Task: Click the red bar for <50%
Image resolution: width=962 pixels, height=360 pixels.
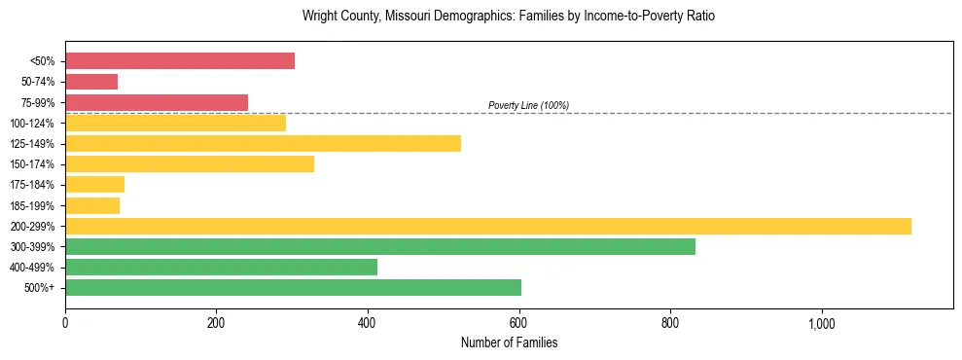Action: pyautogui.click(x=180, y=61)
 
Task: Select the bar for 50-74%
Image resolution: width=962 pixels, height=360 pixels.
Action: pyautogui.click(x=91, y=82)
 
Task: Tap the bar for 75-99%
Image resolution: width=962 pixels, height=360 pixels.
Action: pyautogui.click(x=157, y=102)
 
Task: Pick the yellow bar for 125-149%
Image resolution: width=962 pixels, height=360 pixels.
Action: pyautogui.click(x=263, y=143)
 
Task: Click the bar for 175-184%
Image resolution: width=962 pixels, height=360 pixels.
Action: pyautogui.click(x=94, y=185)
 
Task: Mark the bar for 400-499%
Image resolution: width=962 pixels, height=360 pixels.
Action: pyautogui.click(x=221, y=267)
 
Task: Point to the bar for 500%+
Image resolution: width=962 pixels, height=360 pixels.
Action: pyautogui.click(x=293, y=287)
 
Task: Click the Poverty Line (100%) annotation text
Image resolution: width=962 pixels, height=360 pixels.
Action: pyautogui.click(x=528, y=105)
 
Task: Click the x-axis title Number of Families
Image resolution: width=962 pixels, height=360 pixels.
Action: pyautogui.click(x=509, y=342)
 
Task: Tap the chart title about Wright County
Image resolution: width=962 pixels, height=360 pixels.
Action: pyautogui.click(x=509, y=17)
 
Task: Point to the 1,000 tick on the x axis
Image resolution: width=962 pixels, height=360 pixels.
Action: pyautogui.click(x=822, y=323)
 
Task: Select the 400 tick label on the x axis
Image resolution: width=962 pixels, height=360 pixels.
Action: pyautogui.click(x=368, y=323)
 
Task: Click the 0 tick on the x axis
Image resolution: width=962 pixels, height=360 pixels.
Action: pyautogui.click(x=65, y=323)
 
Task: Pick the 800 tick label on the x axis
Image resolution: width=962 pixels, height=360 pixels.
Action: pyautogui.click(x=670, y=323)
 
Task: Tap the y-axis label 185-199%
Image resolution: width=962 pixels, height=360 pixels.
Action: pyautogui.click(x=32, y=205)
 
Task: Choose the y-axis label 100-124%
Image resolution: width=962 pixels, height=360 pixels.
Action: pyautogui.click(x=32, y=123)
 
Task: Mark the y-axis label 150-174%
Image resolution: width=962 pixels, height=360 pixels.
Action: pyautogui.click(x=32, y=164)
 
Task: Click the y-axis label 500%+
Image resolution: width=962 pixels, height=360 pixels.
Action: pyautogui.click(x=39, y=288)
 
